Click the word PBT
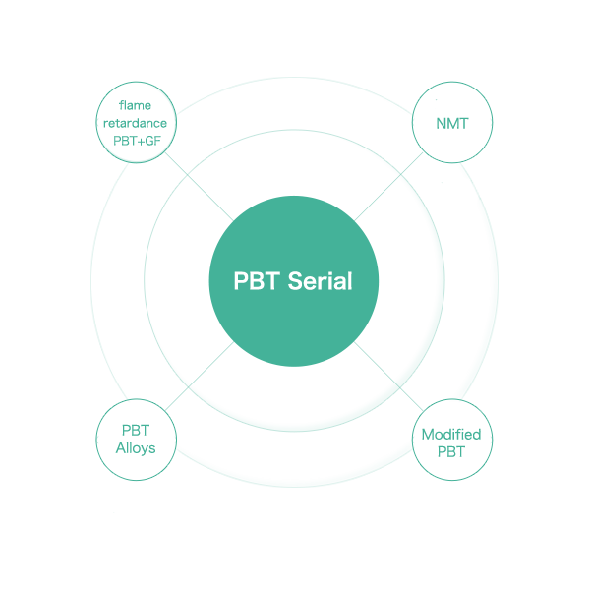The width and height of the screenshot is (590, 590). (x=257, y=281)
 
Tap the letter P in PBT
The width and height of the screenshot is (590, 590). (x=241, y=281)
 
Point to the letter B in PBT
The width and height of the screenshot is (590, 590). (x=257, y=281)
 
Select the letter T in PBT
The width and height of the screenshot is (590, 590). (x=272, y=281)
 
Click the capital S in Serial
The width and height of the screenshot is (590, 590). (x=295, y=281)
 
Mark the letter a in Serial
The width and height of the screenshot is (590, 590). (x=336, y=283)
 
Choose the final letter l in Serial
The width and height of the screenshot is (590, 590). (x=348, y=281)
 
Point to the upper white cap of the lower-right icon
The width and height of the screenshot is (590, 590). (x=452, y=427)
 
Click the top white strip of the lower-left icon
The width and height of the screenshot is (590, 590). (x=135, y=424)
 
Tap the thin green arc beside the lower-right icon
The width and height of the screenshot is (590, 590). (x=490, y=438)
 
